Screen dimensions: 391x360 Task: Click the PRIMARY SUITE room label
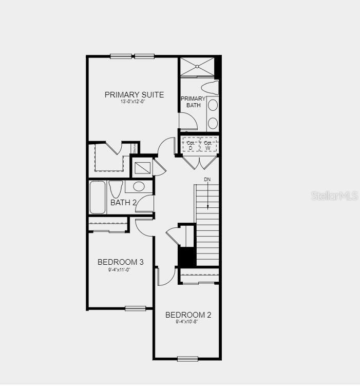pyautogui.click(x=134, y=94)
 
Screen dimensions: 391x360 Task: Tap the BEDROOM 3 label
pyautogui.click(x=121, y=262)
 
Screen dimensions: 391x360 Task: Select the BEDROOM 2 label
pyautogui.click(x=188, y=315)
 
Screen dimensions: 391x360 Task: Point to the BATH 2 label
pyautogui.click(x=123, y=203)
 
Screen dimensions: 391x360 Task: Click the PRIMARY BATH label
pyautogui.click(x=193, y=102)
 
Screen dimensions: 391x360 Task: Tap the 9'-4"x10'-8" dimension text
pyautogui.click(x=186, y=322)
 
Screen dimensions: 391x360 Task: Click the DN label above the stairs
pyautogui.click(x=207, y=180)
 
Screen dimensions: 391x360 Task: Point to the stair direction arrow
pyautogui.click(x=207, y=197)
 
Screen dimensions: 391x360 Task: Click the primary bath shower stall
pyautogui.click(x=196, y=67)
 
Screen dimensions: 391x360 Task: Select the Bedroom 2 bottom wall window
pyautogui.click(x=187, y=359)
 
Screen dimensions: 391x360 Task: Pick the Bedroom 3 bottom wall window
pyautogui.click(x=136, y=308)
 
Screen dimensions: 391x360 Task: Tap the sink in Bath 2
pyautogui.click(x=139, y=186)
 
